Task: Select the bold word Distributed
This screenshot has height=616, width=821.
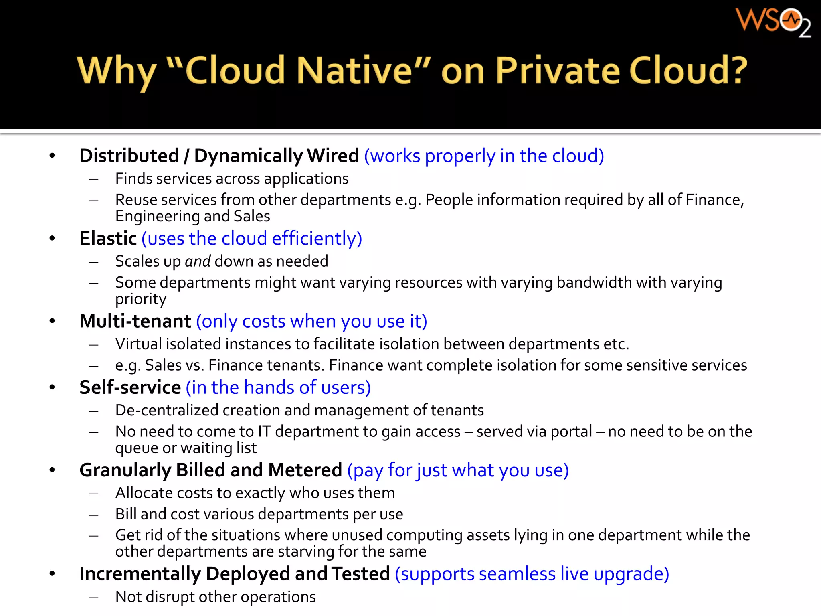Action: click(x=129, y=156)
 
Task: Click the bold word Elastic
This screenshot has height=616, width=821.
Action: click(x=108, y=238)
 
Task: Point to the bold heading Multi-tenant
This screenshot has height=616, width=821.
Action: click(x=135, y=321)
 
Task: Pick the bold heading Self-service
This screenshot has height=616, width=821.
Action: click(x=130, y=387)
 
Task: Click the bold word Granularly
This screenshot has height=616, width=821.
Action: click(x=125, y=470)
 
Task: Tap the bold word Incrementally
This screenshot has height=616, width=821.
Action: click(x=140, y=574)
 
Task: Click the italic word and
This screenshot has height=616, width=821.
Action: click(x=198, y=261)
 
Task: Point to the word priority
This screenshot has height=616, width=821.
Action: click(x=141, y=299)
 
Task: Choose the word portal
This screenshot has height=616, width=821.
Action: click(x=571, y=431)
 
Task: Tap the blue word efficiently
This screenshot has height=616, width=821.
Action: click(x=317, y=239)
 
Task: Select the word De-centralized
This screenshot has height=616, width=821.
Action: click(x=166, y=410)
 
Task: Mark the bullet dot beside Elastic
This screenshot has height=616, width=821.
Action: click(x=52, y=238)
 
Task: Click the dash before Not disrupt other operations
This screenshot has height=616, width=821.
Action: click(x=94, y=597)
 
